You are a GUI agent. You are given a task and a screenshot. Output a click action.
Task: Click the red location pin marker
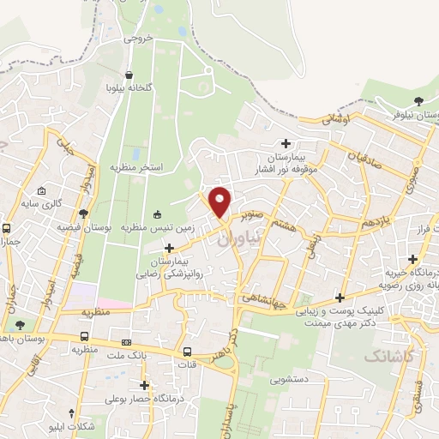click(220, 201)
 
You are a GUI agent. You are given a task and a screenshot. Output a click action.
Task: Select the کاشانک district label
click(386, 354)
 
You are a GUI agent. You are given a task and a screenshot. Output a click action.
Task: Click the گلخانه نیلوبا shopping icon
click(129, 75)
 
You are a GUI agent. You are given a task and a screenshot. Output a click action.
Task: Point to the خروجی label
click(136, 39)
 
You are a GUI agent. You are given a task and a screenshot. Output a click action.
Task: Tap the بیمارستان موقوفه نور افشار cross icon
click(286, 143)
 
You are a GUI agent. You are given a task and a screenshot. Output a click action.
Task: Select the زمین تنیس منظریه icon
click(157, 214)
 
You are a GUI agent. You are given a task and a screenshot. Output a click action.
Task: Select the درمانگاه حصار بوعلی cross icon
click(144, 385)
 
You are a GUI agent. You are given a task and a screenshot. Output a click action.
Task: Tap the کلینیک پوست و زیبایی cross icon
click(340, 298)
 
